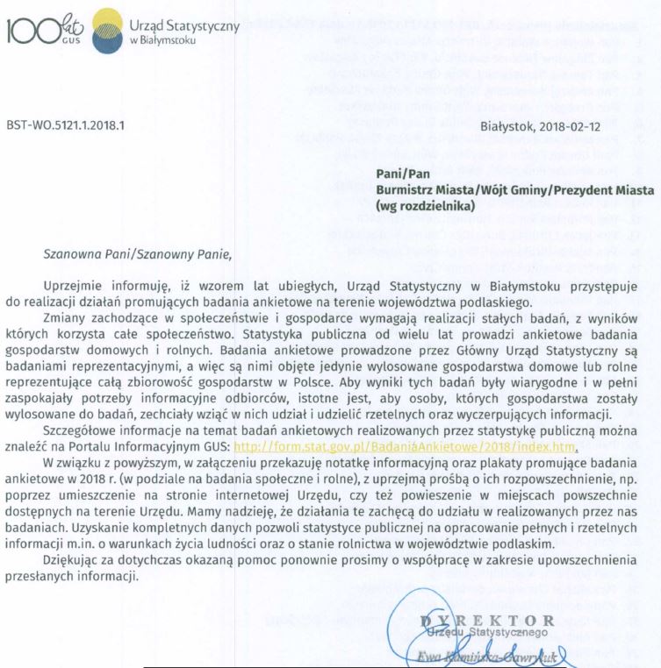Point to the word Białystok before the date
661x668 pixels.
click(x=507, y=125)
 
